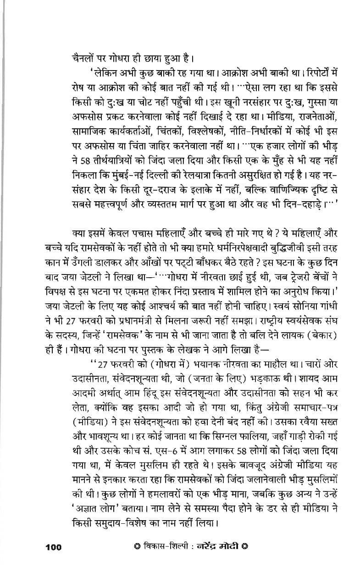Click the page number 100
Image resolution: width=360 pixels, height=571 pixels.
[x=53, y=546]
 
